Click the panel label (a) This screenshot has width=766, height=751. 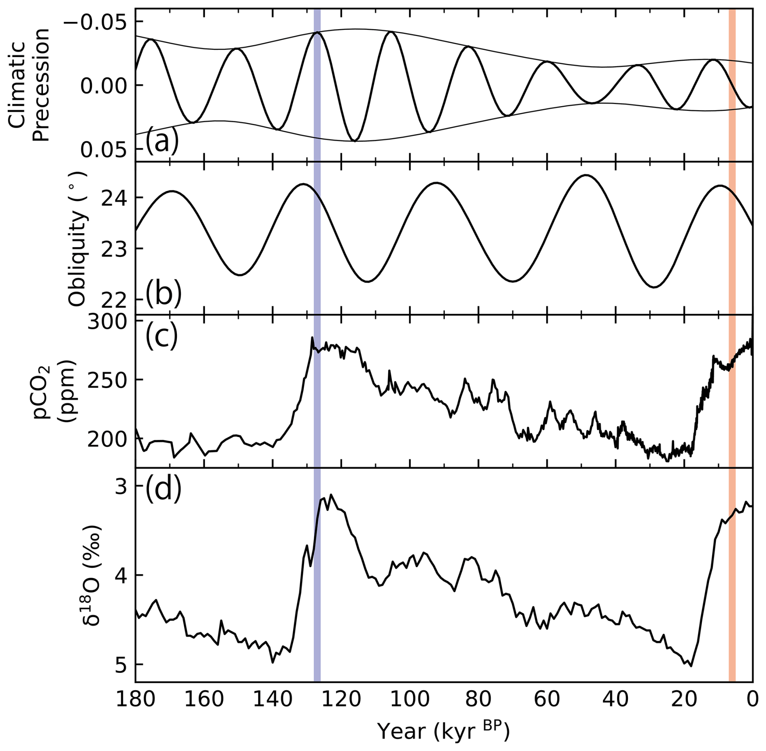coord(162,142)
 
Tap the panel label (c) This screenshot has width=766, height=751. coord(162,336)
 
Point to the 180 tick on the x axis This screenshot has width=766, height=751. coord(135,699)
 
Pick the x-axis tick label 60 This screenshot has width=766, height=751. coord(547,699)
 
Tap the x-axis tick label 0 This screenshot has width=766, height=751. coord(753,699)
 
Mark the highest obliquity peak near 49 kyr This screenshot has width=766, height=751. coord(585,175)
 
